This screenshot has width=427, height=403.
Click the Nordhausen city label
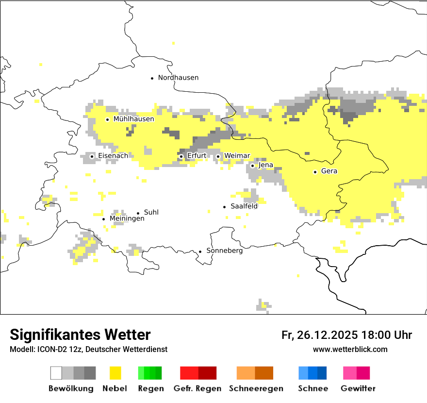(178, 78)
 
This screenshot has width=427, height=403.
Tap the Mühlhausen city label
(133, 119)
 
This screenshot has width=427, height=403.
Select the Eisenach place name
(113, 156)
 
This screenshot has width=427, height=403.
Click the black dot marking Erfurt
(181, 156)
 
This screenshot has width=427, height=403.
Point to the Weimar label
(237, 156)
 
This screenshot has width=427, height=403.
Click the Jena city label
(266, 165)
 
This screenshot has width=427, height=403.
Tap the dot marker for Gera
(315, 172)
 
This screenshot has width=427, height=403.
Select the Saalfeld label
(244, 206)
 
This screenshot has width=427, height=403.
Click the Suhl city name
(151, 212)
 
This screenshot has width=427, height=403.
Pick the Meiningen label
(127, 219)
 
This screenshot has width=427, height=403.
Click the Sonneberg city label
(225, 251)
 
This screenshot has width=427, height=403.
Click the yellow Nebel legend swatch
(115, 373)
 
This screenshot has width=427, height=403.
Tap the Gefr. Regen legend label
(197, 388)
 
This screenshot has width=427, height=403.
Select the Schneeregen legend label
(256, 388)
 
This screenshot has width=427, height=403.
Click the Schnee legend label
(313, 388)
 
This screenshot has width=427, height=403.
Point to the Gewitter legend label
(358, 388)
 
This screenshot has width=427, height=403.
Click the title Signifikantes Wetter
(80, 335)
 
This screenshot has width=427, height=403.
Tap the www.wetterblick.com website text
(350, 350)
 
